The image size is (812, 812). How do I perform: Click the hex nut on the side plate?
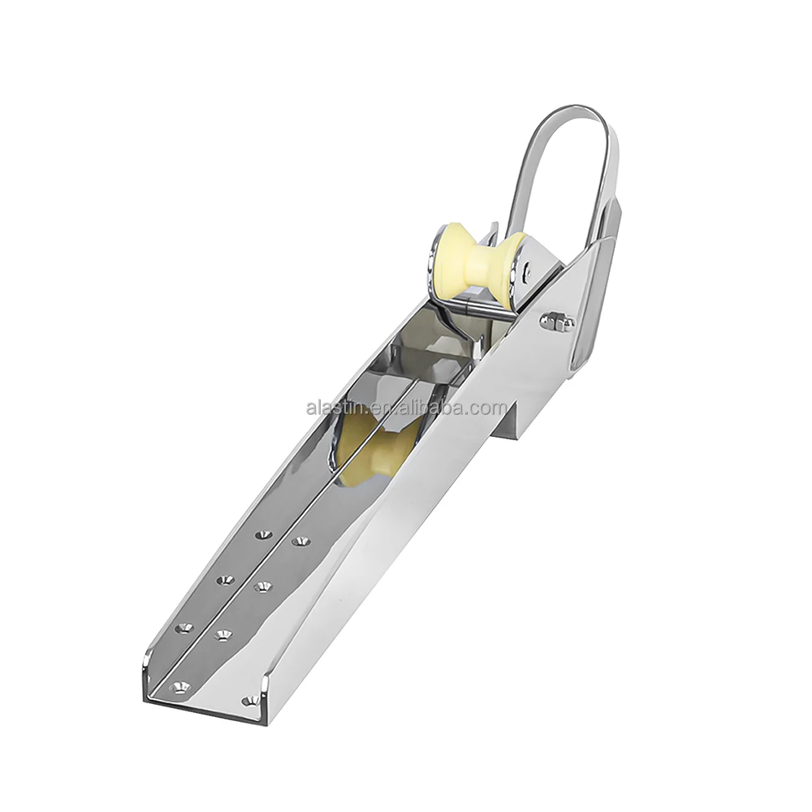point(557,322)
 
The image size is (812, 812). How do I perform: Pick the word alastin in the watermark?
point(333,408)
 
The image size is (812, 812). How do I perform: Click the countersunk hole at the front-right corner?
point(248,699)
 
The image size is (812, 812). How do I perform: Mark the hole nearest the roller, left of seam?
point(262,535)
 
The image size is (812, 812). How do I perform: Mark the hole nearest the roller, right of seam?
point(302,540)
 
